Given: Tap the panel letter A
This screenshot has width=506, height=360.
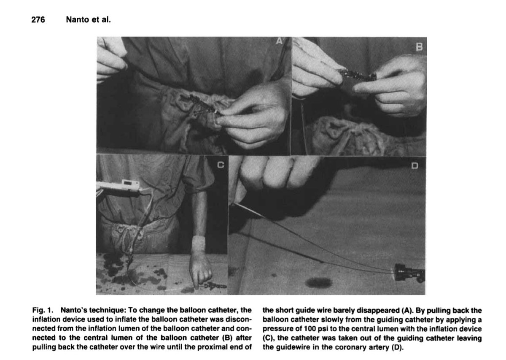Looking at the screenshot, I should click(279, 41).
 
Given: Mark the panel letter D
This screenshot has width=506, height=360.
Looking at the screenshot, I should click(415, 166).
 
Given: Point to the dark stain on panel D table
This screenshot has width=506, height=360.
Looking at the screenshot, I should click(318, 282).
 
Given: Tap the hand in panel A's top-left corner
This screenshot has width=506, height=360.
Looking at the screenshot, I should click(110, 59).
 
